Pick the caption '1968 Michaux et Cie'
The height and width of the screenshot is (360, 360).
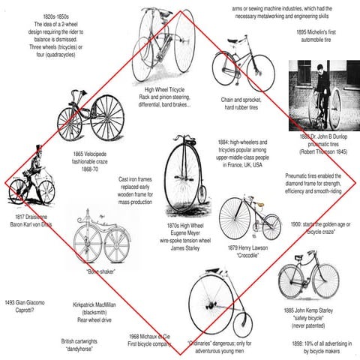point(151,336)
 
